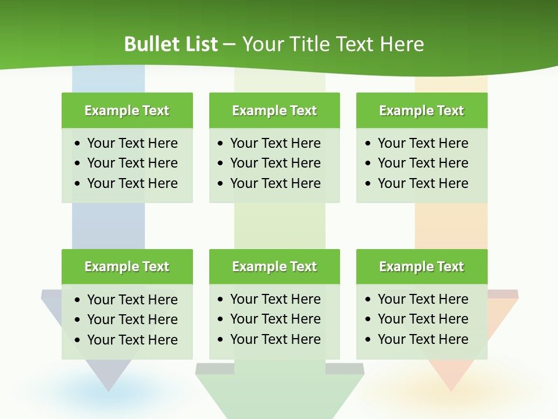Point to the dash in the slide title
click(x=230, y=44)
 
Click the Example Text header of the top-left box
click(x=127, y=111)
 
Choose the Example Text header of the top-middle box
click(x=274, y=111)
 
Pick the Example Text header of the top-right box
click(x=421, y=111)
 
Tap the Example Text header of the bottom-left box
click(x=127, y=267)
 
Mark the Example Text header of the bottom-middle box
click(x=274, y=267)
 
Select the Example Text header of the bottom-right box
click(x=421, y=267)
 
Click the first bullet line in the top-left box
click(x=132, y=143)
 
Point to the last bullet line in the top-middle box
click(x=275, y=183)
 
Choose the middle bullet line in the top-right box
click(x=423, y=163)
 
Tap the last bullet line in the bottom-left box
click(x=132, y=340)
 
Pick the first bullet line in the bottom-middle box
click(x=275, y=299)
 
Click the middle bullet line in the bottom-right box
click(x=423, y=319)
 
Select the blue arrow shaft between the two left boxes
click(x=108, y=226)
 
